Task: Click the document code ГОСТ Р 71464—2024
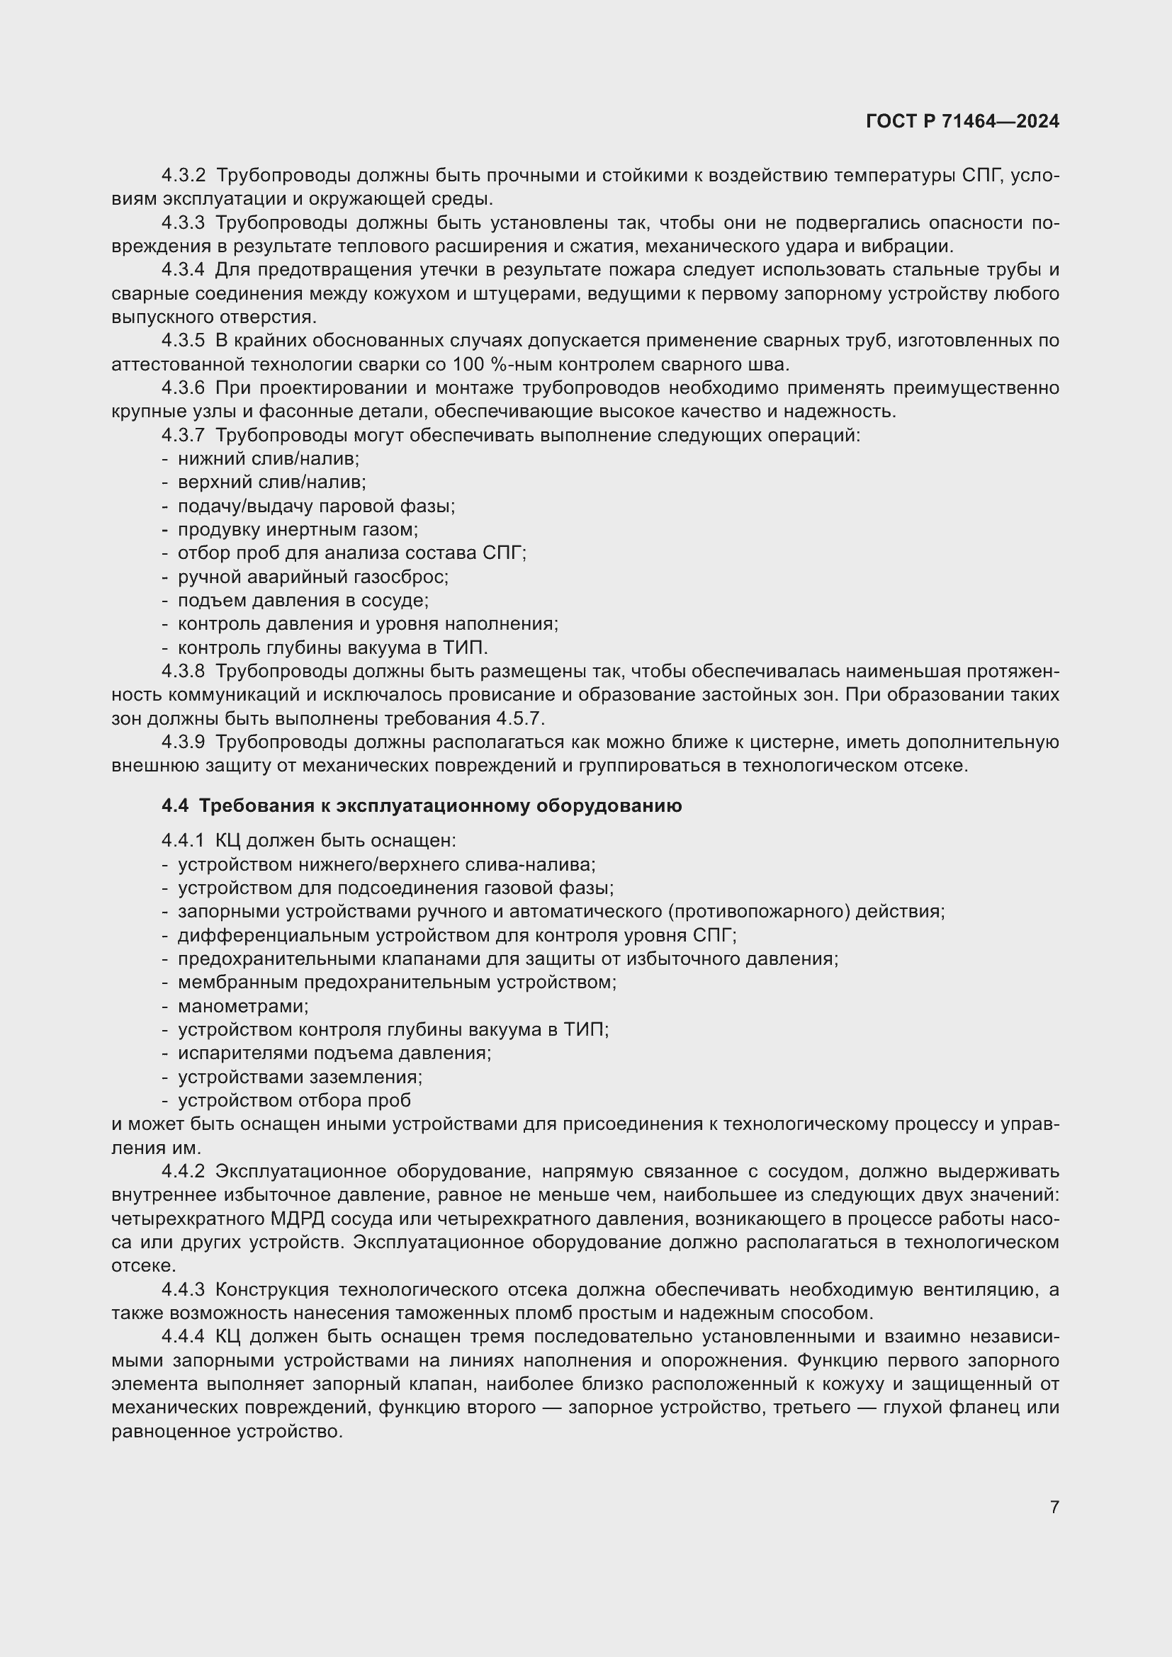tap(962, 121)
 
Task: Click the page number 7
tap(1054, 1507)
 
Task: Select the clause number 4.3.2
tap(184, 176)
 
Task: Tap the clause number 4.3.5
tap(184, 341)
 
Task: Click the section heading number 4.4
tap(174, 806)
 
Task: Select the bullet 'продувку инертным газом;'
tap(298, 530)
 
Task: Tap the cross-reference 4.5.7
tap(520, 719)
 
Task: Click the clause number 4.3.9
tap(184, 742)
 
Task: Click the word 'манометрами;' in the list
tap(243, 1006)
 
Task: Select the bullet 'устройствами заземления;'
tap(300, 1077)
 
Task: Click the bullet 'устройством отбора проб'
tap(295, 1101)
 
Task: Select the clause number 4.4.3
tap(184, 1289)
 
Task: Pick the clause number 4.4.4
tap(184, 1337)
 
